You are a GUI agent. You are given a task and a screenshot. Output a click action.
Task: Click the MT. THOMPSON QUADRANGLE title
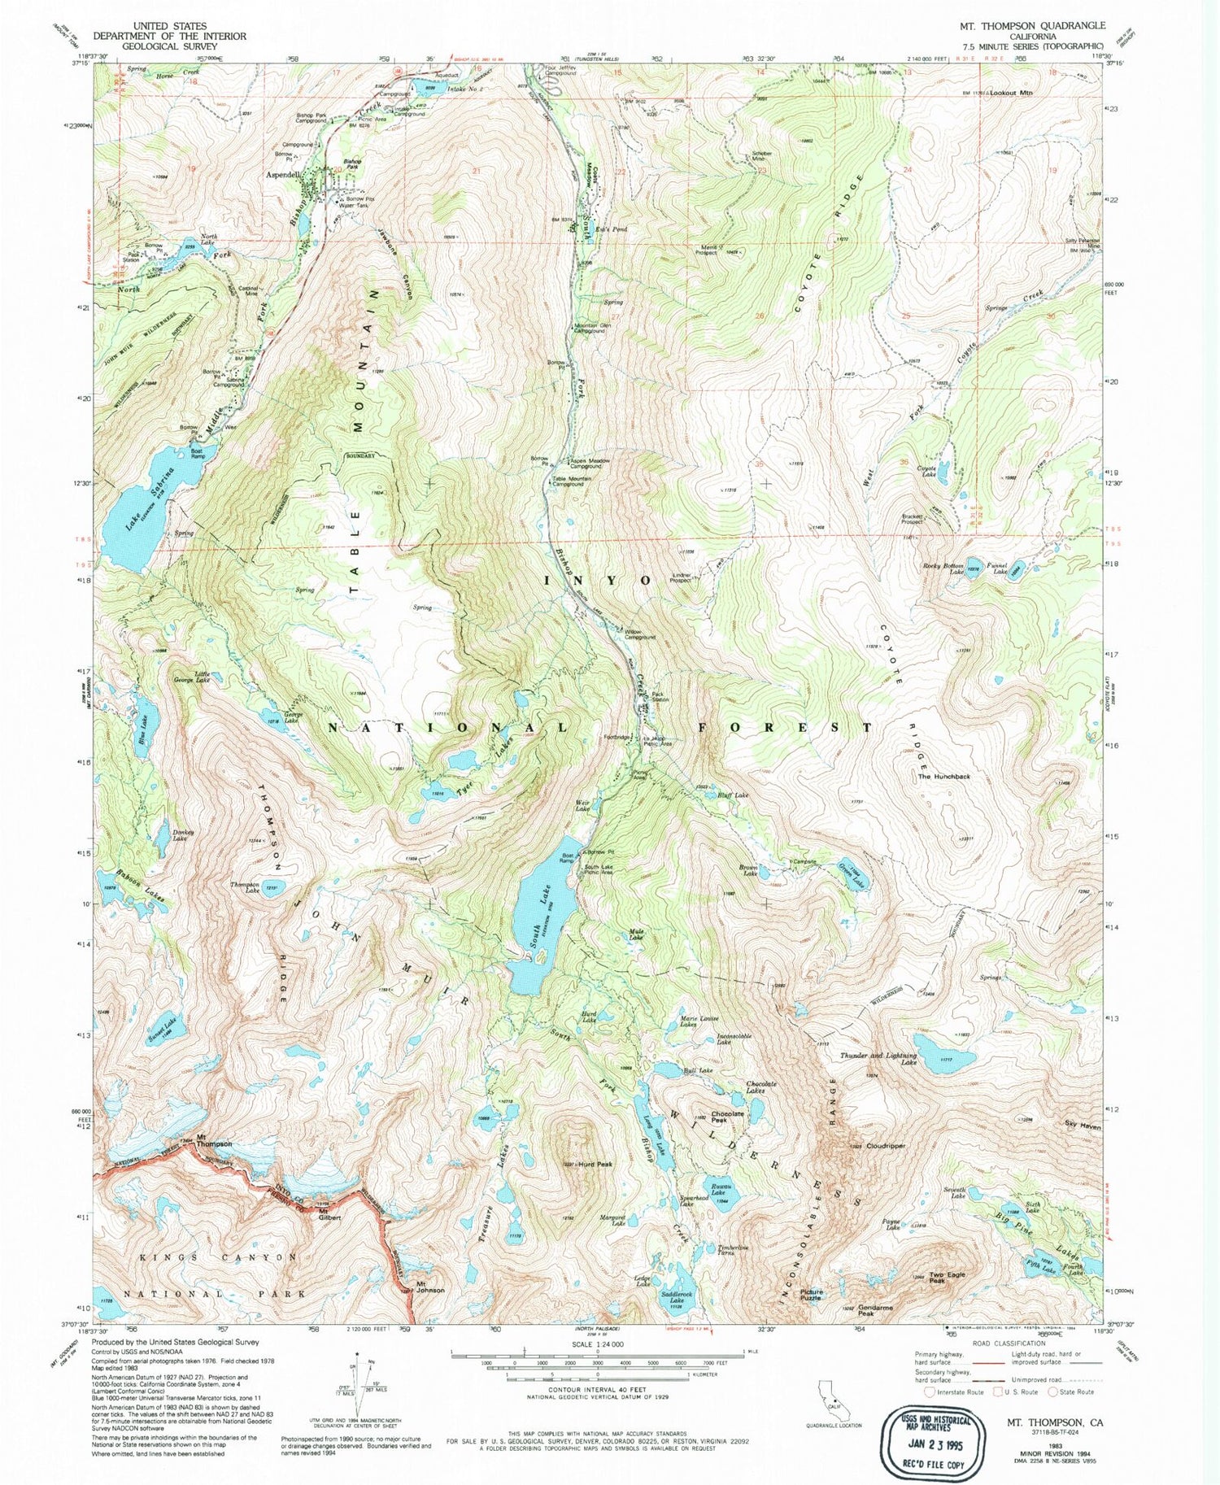pyautogui.click(x=1032, y=26)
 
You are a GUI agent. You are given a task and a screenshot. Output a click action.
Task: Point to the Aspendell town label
pyautogui.click(x=283, y=174)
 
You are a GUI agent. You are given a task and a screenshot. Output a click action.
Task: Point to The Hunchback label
pyautogui.click(x=943, y=776)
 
